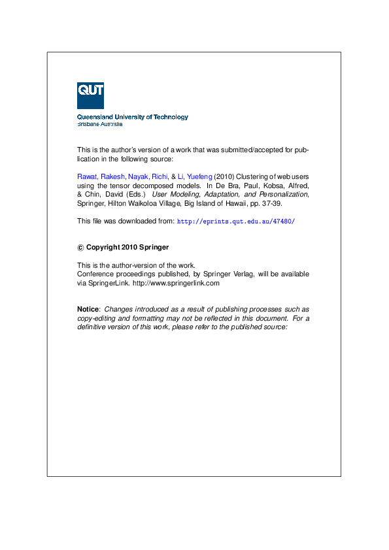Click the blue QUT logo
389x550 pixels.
coord(90,95)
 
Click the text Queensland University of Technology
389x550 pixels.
coord(133,117)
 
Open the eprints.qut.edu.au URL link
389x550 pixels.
coord(236,221)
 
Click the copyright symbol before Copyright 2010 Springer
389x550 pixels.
coord(80,248)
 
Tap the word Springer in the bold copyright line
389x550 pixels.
coord(153,248)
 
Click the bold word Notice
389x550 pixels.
coord(88,309)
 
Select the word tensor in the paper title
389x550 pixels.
coord(116,185)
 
